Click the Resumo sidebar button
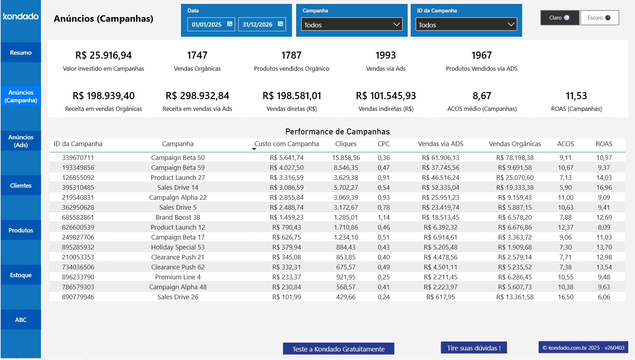[21, 53]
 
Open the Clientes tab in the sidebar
[21, 186]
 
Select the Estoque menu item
[21, 275]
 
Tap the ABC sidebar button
[21, 320]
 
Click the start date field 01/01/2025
[207, 25]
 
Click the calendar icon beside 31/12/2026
[280, 24]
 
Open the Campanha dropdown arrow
[396, 25]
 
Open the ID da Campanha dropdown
[466, 25]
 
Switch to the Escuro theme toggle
[599, 18]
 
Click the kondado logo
[21, 16]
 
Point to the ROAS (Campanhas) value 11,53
[576, 96]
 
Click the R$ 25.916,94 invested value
[103, 55]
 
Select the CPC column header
[383, 144]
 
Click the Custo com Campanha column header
[286, 144]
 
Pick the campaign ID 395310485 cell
[78, 187]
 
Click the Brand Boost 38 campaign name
[178, 217]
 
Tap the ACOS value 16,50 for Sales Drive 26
[565, 297]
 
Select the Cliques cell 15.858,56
[346, 157]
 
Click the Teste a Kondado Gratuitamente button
[338, 349]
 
